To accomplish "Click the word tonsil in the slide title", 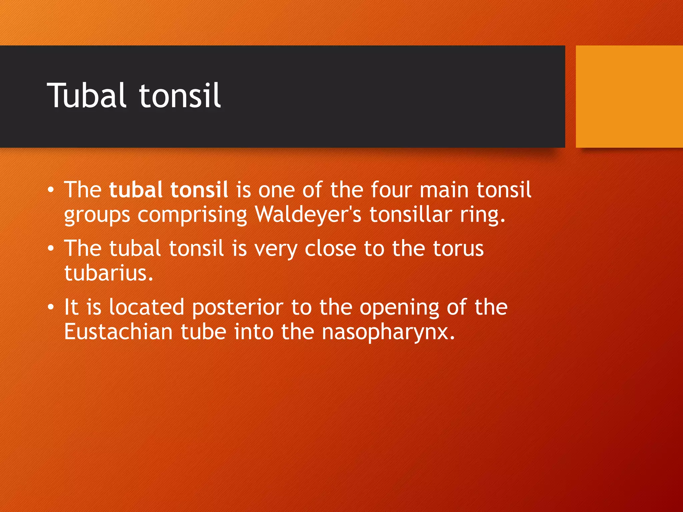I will click(180, 96).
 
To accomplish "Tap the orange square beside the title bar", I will click(629, 96).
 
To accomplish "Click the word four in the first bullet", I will click(391, 190).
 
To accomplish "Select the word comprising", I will click(192, 215).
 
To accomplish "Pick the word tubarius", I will click(108, 273).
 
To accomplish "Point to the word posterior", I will click(237, 307).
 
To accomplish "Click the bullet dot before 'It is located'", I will click(50, 307).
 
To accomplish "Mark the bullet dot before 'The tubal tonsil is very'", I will click(50, 249).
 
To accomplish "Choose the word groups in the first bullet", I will click(97, 215).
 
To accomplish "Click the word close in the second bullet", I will click(330, 249).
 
